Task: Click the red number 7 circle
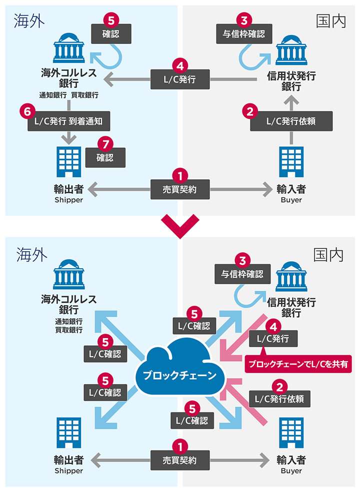pos(105,143)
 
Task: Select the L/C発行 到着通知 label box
pos(68,121)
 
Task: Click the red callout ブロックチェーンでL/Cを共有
pos(299,364)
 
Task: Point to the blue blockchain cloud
pos(179,367)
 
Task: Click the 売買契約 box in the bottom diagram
pos(180,460)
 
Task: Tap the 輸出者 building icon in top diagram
pos(68,160)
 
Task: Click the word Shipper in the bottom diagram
pos(68,471)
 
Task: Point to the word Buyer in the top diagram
pos(291,200)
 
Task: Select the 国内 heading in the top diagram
pos(331,21)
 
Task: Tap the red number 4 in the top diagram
pos(180,65)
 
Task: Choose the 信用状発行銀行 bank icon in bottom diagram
pos(291,277)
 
